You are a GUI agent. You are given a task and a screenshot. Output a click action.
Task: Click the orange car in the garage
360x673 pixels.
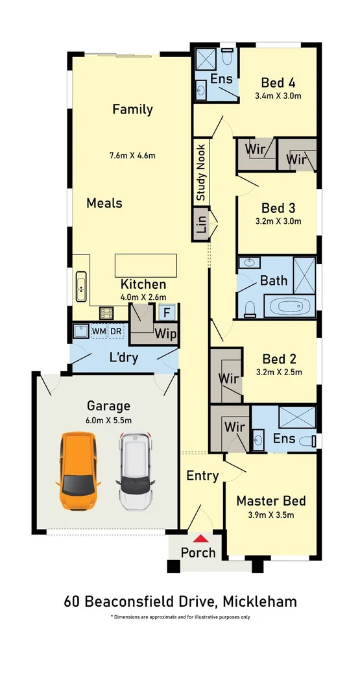pos(78,471)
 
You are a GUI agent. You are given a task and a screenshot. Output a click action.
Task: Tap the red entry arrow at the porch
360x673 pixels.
pos(200,538)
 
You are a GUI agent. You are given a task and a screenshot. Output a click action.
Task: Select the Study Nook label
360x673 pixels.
pos(201,173)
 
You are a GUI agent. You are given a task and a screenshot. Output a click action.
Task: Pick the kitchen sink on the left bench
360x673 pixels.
pos(80,287)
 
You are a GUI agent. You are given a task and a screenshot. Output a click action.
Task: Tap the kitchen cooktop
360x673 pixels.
pos(106,313)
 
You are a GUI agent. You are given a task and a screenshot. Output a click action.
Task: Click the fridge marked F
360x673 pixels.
pos(167,312)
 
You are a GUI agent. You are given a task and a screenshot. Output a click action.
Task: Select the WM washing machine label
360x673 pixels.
pos(99,332)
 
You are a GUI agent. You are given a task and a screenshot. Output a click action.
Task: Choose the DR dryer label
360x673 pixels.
pos(116,332)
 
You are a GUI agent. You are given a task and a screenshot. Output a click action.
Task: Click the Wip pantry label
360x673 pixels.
pos(165,334)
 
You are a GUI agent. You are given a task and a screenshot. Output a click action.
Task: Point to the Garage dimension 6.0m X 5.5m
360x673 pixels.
pos(108,421)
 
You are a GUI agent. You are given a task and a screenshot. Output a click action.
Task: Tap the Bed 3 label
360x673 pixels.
pos(278,208)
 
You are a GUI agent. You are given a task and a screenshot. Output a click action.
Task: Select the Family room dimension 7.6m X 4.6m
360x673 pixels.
pos(132,155)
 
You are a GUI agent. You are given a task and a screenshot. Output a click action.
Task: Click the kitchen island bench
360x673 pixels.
pos(146,265)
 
